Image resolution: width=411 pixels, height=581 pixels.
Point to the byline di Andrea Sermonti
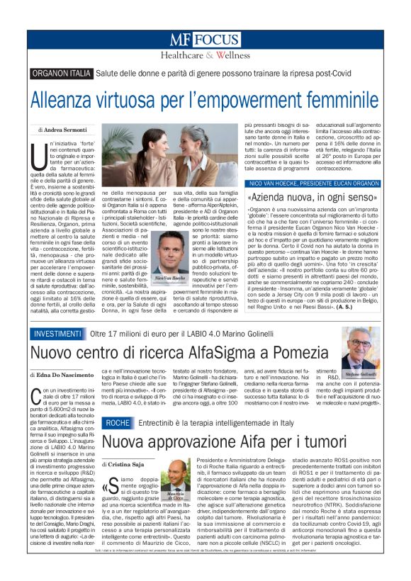click(x=66, y=130)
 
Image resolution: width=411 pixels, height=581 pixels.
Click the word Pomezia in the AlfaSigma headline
click(x=288, y=354)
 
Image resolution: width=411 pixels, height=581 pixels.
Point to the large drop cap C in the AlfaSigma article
click(x=38, y=397)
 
